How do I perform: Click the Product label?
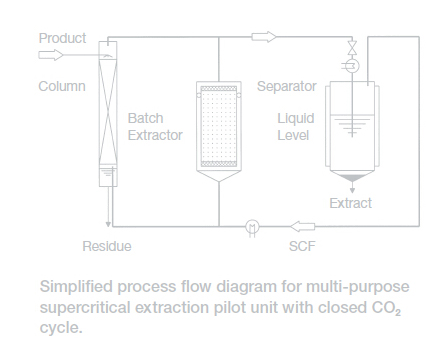pyautogui.click(x=62, y=38)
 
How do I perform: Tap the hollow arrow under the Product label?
pyautogui.click(x=51, y=55)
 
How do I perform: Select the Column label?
pyautogui.click(x=62, y=86)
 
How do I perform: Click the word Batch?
pyautogui.click(x=145, y=118)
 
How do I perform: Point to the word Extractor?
pyautogui.click(x=155, y=135)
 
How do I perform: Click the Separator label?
pyautogui.click(x=287, y=86)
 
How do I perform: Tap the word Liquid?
pyautogui.click(x=296, y=119)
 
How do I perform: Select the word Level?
pyautogui.click(x=293, y=135)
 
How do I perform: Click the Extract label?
pyautogui.click(x=350, y=203)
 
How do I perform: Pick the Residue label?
pyautogui.click(x=107, y=246)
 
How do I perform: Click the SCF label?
pyautogui.click(x=302, y=246)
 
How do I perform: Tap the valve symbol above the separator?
pyautogui.click(x=352, y=48)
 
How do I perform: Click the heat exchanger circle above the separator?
pyautogui.click(x=352, y=66)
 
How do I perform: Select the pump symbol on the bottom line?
pyautogui.click(x=252, y=227)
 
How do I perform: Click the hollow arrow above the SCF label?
pyautogui.click(x=302, y=226)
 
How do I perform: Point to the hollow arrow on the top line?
pyautogui.click(x=264, y=37)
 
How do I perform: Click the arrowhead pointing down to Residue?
pyautogui.click(x=108, y=224)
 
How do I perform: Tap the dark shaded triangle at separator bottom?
pyautogui.click(x=352, y=178)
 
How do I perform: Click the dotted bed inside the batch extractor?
pyautogui.click(x=219, y=126)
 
